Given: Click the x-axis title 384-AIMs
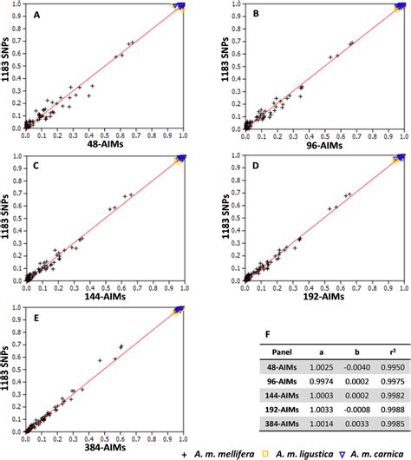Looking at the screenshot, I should pyautogui.click(x=104, y=437).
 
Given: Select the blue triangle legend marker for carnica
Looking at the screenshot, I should pyautogui.click(x=342, y=453).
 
